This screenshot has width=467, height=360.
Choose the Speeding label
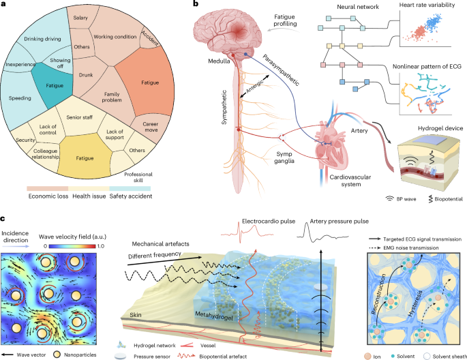(x=20, y=98)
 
